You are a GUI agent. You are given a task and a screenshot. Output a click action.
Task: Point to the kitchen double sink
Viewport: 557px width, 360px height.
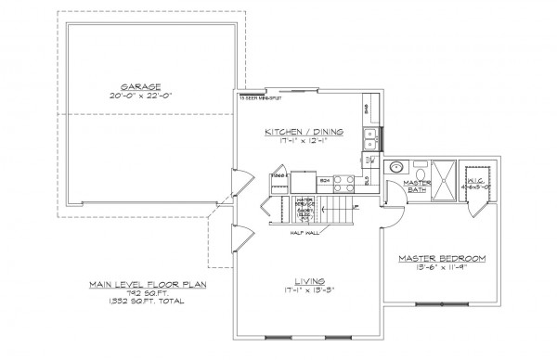coord(369,139)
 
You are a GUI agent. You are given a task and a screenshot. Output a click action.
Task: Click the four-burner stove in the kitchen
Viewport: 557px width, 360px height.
coord(342,183)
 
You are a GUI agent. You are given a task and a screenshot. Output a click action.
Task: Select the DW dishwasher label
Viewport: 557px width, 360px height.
coord(369,161)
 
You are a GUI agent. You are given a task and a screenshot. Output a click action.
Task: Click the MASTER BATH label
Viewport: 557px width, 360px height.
coord(414,187)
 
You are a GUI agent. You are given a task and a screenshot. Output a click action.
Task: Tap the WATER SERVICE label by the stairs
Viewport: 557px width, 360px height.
coord(304,202)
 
